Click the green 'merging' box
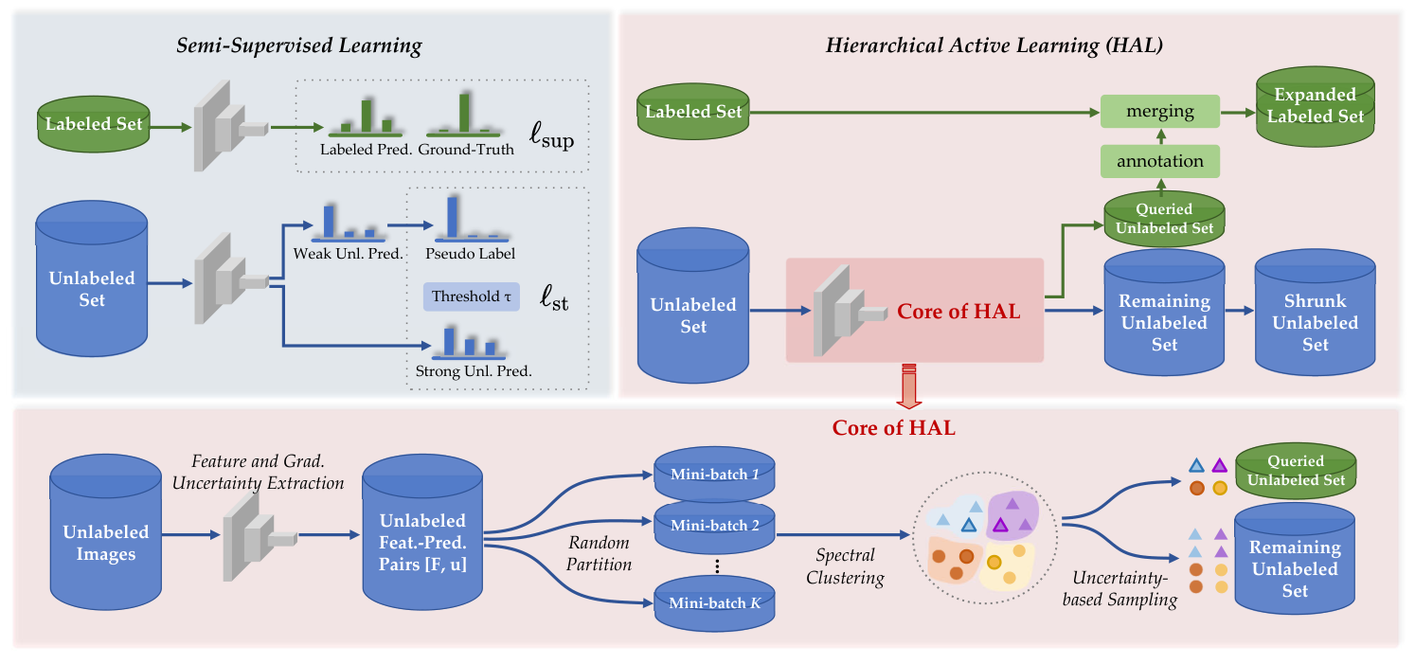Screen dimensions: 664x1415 point(1159,111)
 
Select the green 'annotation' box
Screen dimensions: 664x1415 point(1159,161)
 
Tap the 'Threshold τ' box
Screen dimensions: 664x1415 point(471,296)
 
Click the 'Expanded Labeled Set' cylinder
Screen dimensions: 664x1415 point(1315,107)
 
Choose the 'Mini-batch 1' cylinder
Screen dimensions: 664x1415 point(715,473)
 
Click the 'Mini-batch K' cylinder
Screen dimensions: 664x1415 point(715,602)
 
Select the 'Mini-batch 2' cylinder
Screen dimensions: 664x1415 point(715,525)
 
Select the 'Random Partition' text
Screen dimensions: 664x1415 point(600,553)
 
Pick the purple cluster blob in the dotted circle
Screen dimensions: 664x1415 point(1012,517)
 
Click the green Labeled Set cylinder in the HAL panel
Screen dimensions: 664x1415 point(692,112)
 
